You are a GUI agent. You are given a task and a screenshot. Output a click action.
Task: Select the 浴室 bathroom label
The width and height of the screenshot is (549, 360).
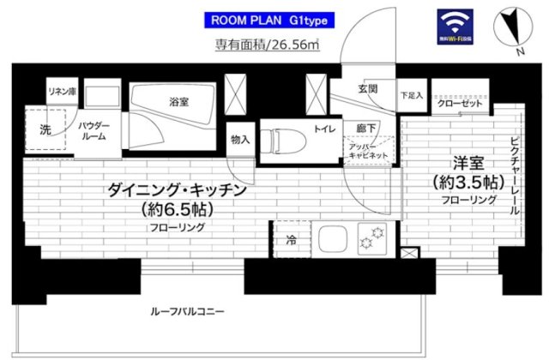click(x=179, y=102)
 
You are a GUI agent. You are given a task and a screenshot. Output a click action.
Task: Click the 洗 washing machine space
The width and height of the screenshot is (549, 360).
click(x=45, y=131)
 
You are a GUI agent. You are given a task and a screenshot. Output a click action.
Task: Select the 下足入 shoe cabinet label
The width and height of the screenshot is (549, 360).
click(x=412, y=95)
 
